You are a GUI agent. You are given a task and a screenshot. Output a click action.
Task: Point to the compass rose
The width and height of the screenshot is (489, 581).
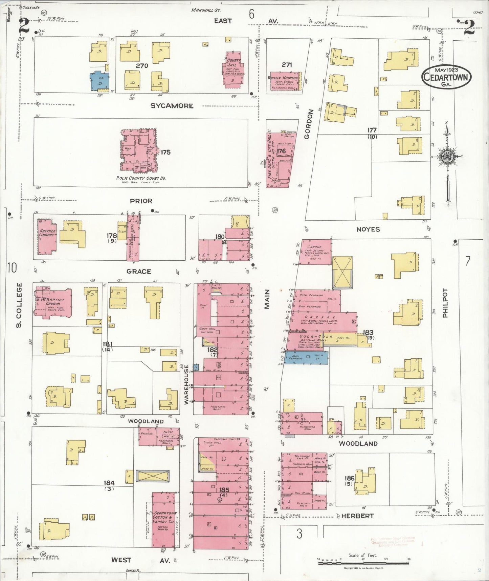[447, 156]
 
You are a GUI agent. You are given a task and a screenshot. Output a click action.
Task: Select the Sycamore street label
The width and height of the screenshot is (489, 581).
[172, 106]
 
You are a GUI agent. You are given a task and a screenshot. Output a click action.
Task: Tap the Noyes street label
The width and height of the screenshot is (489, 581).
[368, 229]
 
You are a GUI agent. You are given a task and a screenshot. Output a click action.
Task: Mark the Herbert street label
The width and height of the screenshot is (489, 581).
[357, 516]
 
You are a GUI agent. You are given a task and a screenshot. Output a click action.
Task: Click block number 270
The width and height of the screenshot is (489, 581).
[142, 66]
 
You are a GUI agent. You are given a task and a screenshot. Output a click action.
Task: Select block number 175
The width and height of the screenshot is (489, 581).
[165, 152]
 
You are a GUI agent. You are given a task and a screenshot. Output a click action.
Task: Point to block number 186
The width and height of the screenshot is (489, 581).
[349, 478]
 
